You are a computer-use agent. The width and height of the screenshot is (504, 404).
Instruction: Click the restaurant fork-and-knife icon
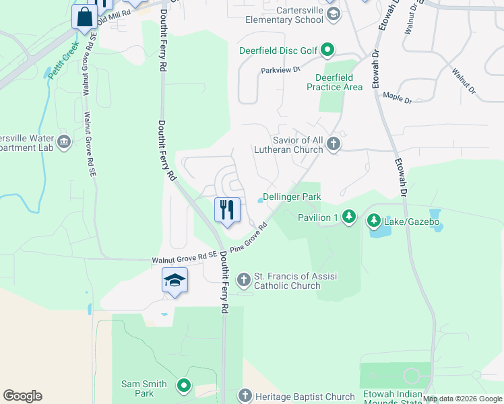[x=227, y=209]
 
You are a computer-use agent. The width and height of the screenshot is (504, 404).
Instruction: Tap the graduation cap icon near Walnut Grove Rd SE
[x=175, y=280]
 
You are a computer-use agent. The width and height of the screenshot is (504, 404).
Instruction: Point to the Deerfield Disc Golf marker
[x=327, y=50]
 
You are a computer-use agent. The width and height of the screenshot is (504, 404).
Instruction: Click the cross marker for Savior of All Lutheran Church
[x=333, y=143]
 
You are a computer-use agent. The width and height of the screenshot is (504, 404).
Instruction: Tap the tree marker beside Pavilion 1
[x=348, y=217]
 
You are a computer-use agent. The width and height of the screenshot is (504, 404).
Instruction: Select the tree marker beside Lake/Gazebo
[x=373, y=221]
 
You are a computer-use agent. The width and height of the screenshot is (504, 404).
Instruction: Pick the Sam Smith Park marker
[x=183, y=386]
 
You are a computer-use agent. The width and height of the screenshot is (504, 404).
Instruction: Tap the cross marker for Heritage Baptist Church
[x=245, y=396]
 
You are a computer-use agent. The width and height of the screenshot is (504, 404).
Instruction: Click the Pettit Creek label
[x=64, y=60]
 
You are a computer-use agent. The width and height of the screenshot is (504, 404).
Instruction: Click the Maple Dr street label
[x=397, y=98]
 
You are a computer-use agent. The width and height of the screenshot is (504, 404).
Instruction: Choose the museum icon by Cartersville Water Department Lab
[x=65, y=141]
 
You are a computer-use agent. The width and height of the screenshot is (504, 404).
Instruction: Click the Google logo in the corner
[x=22, y=396]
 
